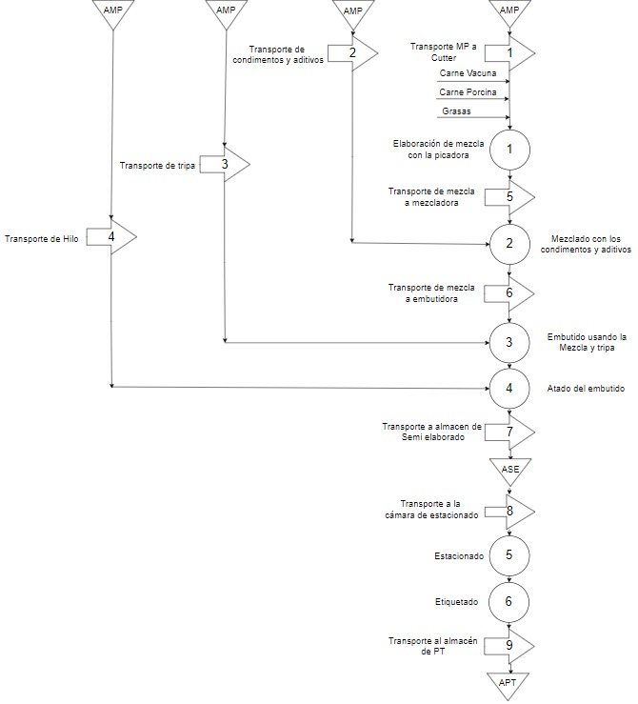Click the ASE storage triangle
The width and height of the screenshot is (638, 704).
click(509, 470)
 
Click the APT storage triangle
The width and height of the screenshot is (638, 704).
click(508, 682)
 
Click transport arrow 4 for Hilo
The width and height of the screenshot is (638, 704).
click(111, 236)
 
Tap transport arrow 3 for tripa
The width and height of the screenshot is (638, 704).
click(225, 164)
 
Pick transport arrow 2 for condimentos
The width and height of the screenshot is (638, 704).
click(352, 53)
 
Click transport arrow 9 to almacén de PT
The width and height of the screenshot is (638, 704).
click(509, 645)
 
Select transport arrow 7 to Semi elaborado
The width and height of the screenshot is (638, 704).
click(509, 432)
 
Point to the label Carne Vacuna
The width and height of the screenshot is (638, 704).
click(468, 73)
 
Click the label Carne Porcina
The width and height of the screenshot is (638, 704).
click(468, 92)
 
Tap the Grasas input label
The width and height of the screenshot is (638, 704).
click(456, 111)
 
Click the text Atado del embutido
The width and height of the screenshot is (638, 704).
click(586, 389)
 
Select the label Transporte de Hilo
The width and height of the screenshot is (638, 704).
click(41, 238)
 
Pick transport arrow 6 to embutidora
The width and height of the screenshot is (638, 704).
click(509, 293)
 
